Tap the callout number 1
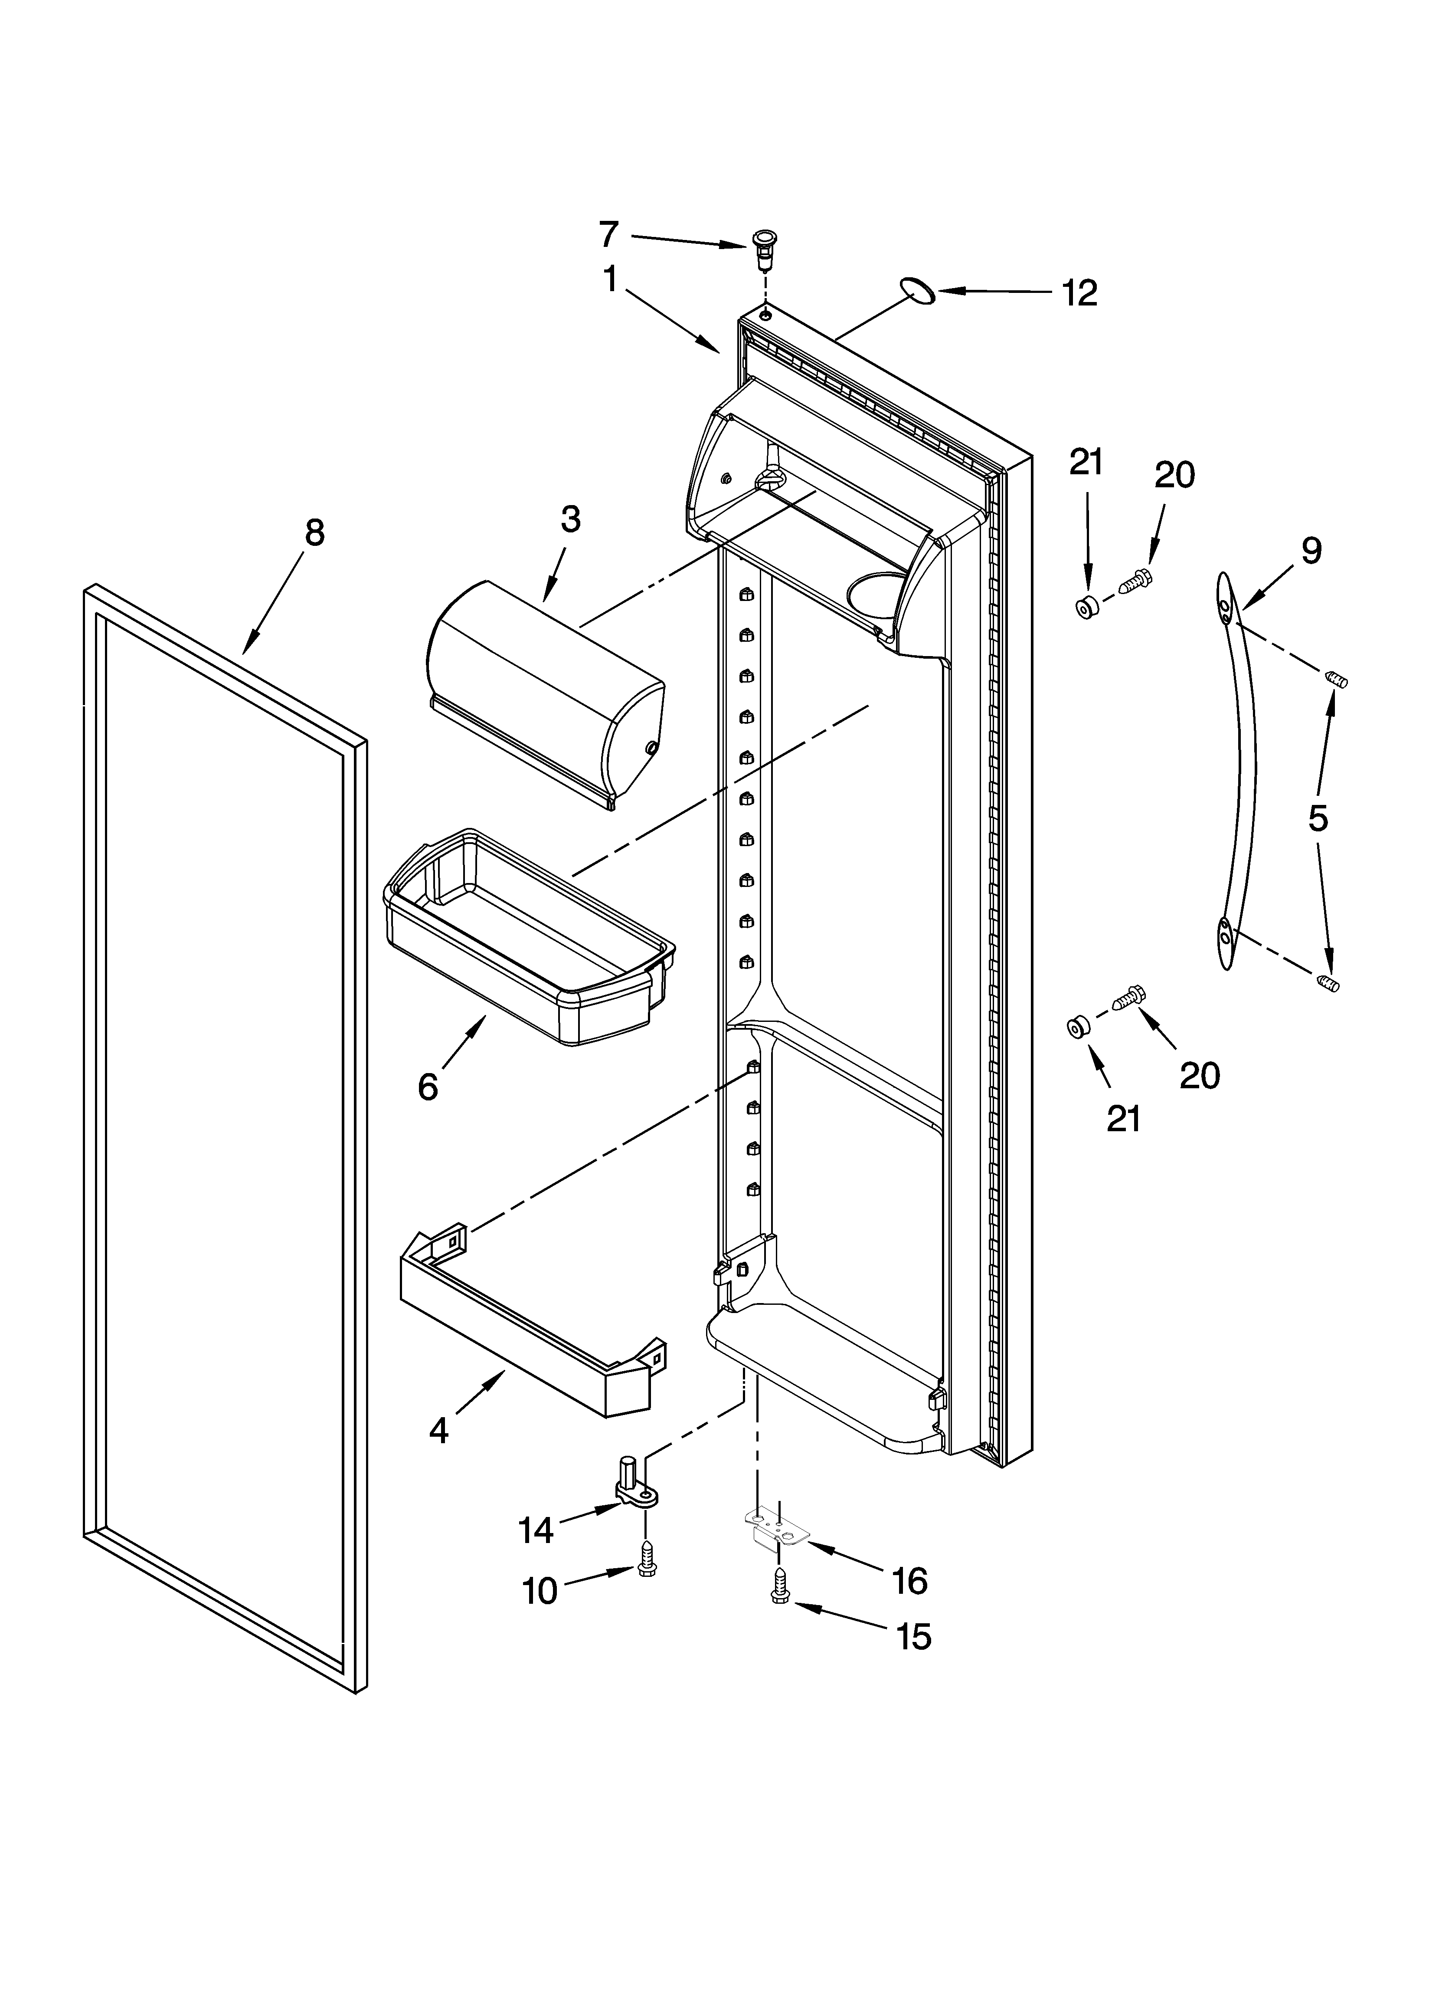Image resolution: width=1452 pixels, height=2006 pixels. tap(610, 279)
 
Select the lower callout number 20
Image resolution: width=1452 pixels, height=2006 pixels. tap(1199, 1075)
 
